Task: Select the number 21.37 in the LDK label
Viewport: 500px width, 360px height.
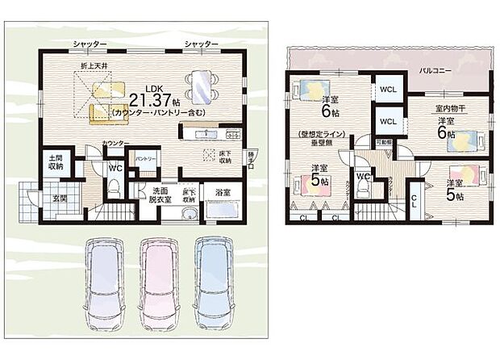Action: (148, 101)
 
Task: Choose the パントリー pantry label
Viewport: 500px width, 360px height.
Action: (145, 158)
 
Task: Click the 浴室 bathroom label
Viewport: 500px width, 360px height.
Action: (223, 192)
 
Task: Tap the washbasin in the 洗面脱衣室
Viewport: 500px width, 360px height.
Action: (189, 214)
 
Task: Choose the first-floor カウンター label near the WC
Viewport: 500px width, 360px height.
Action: (113, 143)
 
